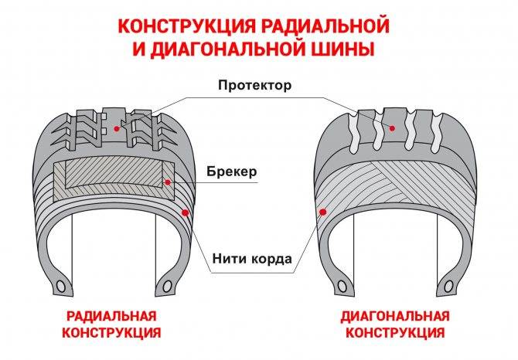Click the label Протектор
click(254, 85)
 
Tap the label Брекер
click(232, 172)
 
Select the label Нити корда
click(252, 258)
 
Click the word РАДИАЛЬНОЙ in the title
click(325, 26)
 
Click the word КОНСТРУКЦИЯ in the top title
click(186, 26)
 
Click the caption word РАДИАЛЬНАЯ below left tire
click(111, 316)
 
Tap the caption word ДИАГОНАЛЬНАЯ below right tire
click(395, 316)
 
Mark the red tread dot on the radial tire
click(116, 129)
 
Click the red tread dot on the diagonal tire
click(392, 128)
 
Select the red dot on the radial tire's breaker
click(168, 182)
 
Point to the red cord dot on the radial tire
click(185, 212)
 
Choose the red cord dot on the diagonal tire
click(323, 212)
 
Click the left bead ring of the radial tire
click(60, 286)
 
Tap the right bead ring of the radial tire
click(167, 286)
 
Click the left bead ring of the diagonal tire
click(342, 286)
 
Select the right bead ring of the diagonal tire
click(448, 286)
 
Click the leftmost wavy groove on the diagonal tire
click(353, 133)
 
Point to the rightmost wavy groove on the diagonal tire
click(437, 133)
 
